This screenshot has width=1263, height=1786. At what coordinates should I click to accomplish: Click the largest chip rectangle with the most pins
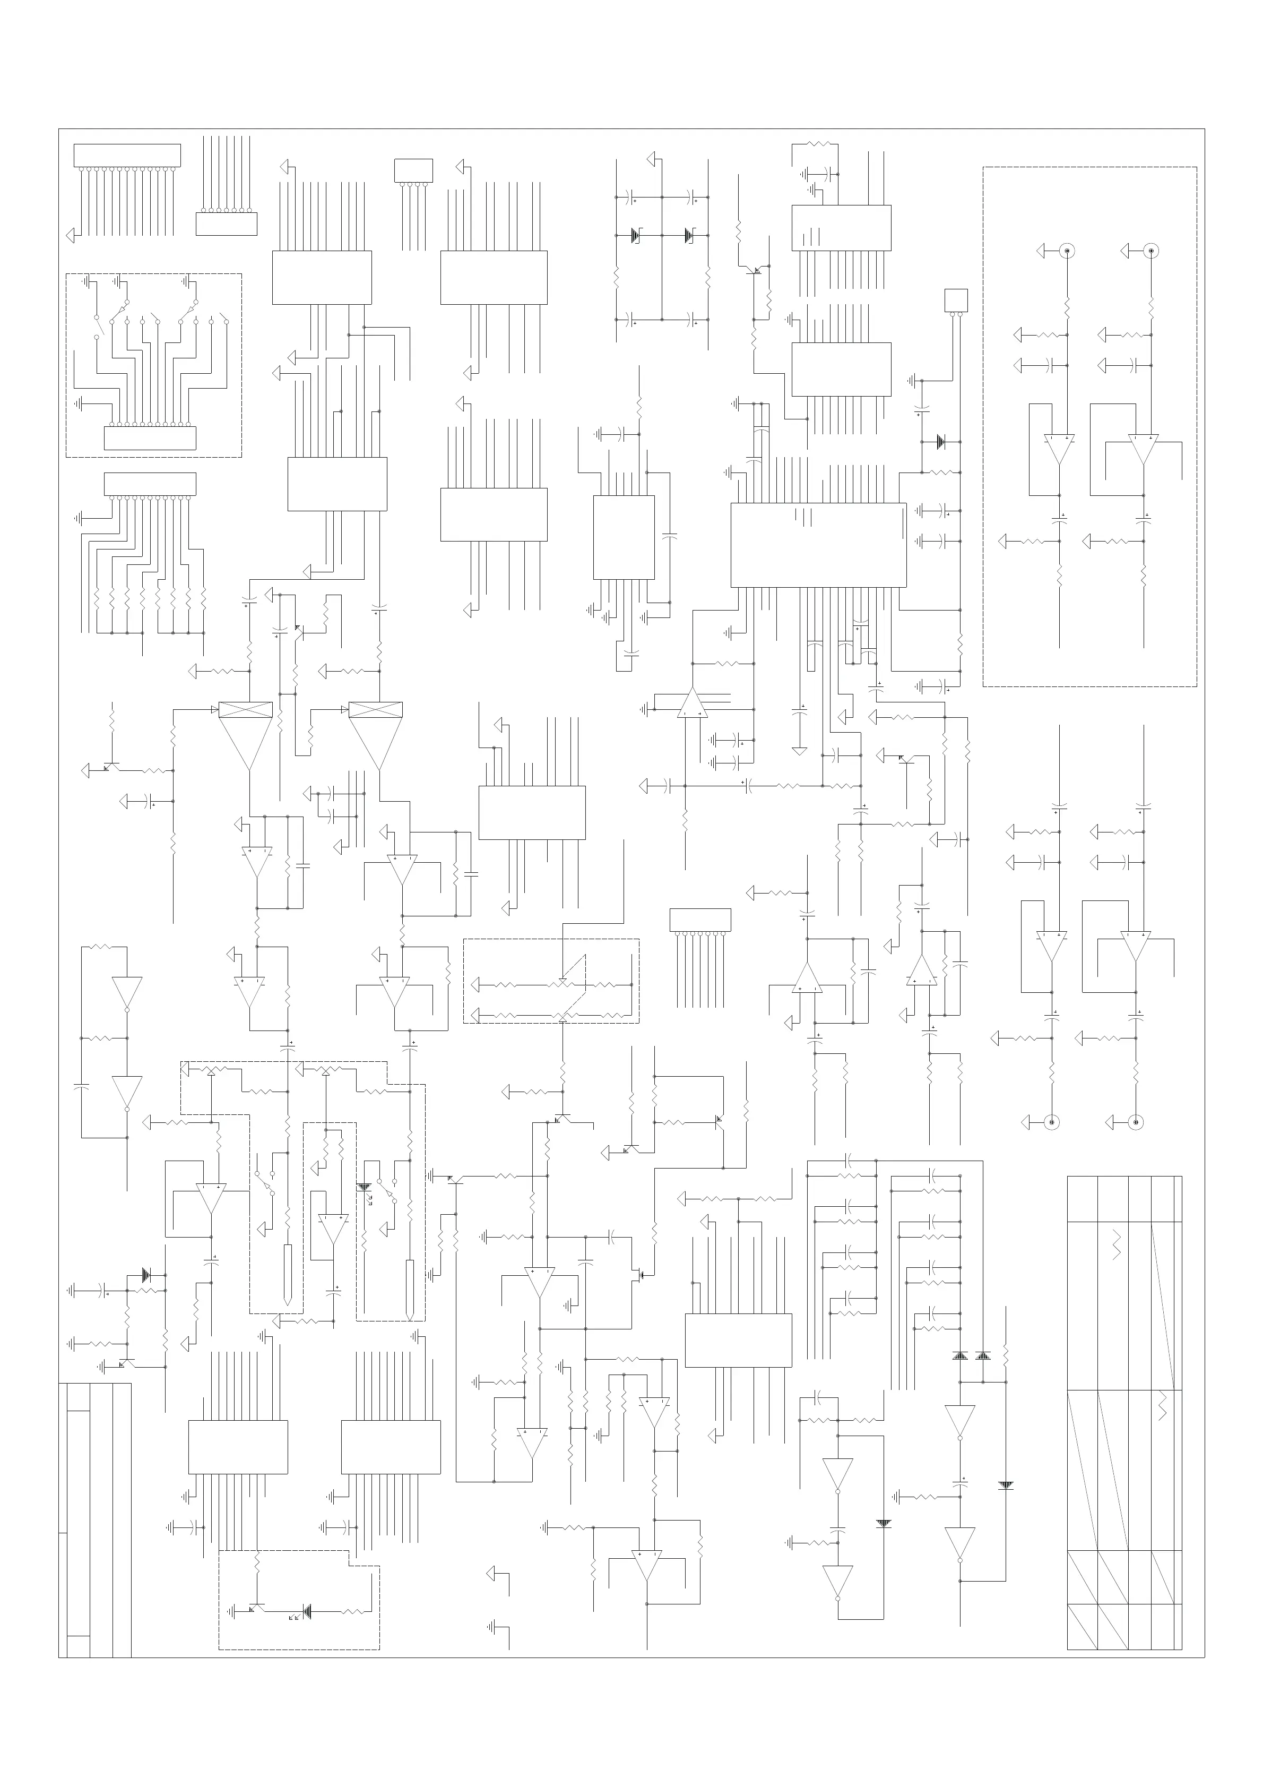(818, 545)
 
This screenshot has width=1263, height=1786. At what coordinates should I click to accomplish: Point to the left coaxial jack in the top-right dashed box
(1068, 251)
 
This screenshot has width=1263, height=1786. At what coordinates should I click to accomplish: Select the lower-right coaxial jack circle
(1136, 1122)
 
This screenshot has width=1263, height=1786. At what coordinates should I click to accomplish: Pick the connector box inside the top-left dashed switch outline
(150, 438)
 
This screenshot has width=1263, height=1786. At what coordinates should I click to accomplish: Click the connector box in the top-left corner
(127, 155)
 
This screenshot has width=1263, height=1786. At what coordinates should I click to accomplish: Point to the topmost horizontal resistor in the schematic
(820, 144)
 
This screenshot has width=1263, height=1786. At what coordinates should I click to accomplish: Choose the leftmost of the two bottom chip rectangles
(238, 1447)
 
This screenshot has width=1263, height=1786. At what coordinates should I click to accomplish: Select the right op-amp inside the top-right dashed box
(1143, 448)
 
